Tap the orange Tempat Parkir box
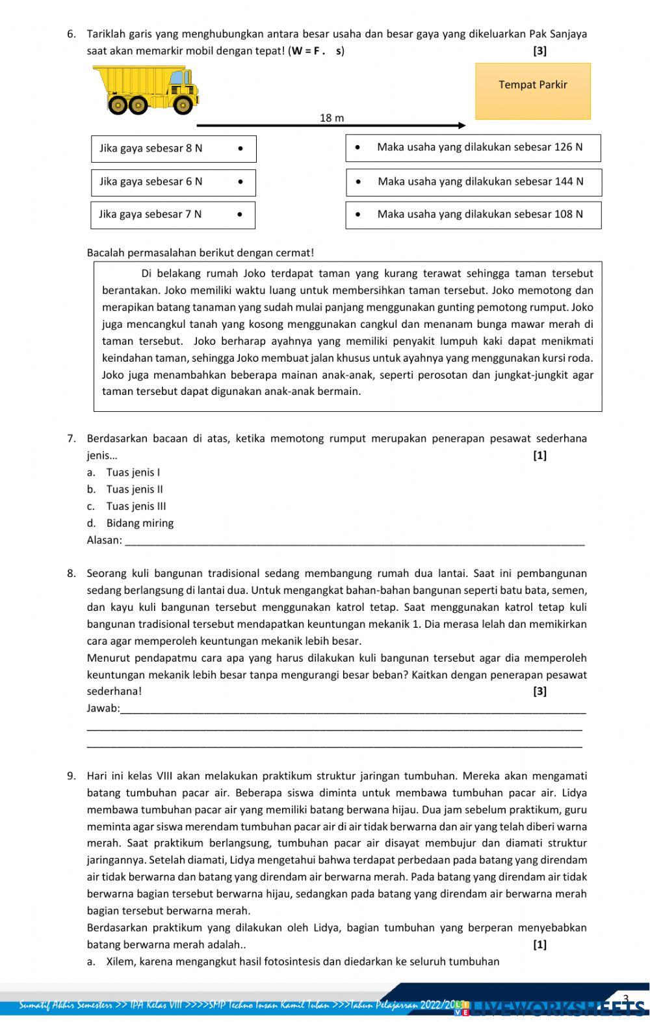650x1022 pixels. pos(533,91)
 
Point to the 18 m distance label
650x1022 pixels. pos(331,118)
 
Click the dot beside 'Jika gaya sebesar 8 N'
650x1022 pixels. pos(240,148)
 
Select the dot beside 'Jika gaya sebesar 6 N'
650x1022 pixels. pos(240,182)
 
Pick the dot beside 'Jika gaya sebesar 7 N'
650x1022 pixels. pos(240,214)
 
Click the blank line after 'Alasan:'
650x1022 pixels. pos(354,541)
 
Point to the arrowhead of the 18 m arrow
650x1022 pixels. pos(461,125)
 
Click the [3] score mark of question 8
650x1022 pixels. pos(539,692)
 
